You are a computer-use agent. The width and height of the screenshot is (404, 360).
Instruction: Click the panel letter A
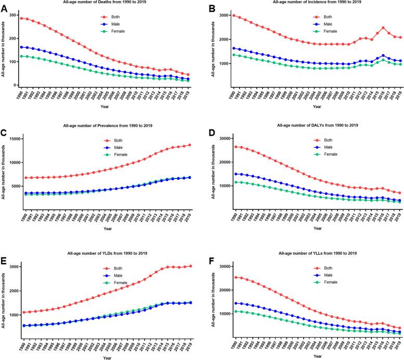pyautogui.click(x=5, y=8)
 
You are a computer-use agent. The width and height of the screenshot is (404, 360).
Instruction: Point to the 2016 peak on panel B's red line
pyautogui.click(x=368, y=28)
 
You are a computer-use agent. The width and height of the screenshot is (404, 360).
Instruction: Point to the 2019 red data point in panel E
pyautogui.click(x=191, y=266)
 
